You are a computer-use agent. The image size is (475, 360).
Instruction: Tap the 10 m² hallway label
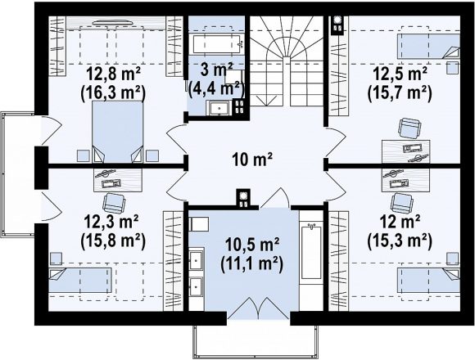[x=252, y=160]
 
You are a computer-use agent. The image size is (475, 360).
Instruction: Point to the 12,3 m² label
[x=112, y=222]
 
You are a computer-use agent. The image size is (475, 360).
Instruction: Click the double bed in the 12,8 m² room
[x=118, y=132]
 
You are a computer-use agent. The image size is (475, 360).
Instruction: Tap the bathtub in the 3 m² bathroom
[x=216, y=44]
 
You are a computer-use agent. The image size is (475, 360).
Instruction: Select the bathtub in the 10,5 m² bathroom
[x=310, y=252]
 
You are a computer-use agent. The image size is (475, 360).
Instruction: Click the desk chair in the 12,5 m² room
[x=409, y=128]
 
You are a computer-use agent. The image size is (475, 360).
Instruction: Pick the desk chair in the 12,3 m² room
[x=114, y=203]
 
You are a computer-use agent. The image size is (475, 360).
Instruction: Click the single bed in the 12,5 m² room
[x=428, y=46]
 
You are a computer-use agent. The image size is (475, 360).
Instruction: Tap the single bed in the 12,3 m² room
[x=80, y=280]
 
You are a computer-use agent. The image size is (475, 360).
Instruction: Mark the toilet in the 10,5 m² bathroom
[x=198, y=224]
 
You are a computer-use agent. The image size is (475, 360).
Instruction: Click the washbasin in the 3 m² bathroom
[x=219, y=108]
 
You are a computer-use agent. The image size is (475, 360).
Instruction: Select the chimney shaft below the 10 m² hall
[x=243, y=199]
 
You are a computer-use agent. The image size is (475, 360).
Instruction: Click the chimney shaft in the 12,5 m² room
[x=337, y=25]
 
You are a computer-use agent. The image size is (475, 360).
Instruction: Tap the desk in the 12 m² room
[x=406, y=180]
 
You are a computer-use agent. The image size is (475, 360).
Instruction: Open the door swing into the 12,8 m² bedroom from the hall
[x=176, y=141]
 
